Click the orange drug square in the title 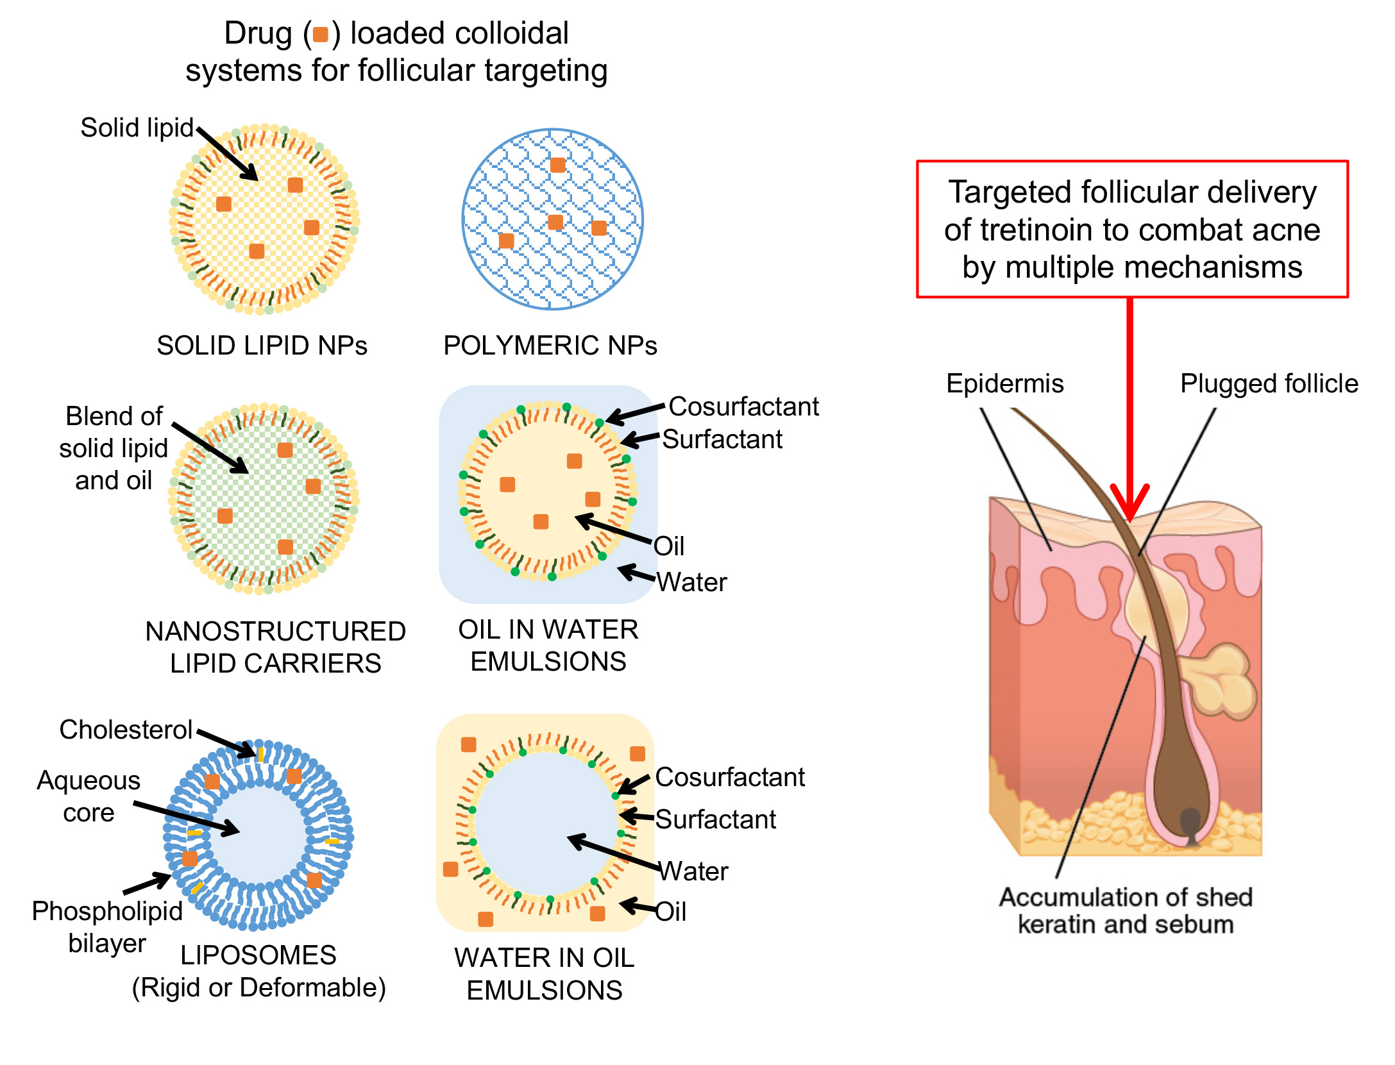tap(320, 34)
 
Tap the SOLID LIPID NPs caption tap(262, 346)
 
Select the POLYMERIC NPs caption tap(550, 346)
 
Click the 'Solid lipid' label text tap(136, 128)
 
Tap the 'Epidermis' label tap(1004, 383)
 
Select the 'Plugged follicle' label tap(1269, 383)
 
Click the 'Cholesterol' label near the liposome tap(126, 729)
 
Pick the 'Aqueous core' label tap(89, 796)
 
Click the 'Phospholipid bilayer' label tap(107, 927)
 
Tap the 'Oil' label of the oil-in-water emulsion tap(669, 546)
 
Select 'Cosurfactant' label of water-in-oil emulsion tap(729, 776)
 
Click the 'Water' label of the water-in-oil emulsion tap(693, 871)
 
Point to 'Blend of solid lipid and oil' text tap(114, 448)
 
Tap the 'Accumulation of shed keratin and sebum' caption tap(1125, 910)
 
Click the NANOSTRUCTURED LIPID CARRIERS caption tap(275, 647)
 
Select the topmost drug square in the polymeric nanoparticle tap(557, 165)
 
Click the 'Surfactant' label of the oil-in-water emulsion tap(722, 439)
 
